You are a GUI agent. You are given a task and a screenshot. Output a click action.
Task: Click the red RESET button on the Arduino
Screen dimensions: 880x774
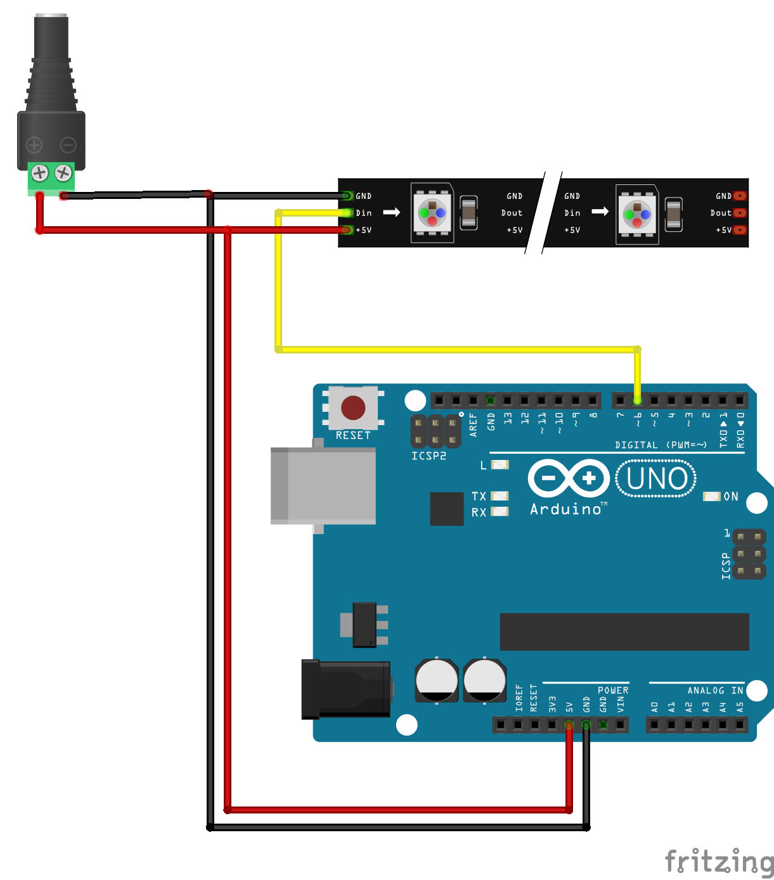(353, 408)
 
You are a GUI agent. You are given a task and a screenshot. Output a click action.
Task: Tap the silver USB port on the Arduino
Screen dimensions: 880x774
(323, 486)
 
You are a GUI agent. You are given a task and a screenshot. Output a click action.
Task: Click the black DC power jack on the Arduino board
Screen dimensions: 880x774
(345, 689)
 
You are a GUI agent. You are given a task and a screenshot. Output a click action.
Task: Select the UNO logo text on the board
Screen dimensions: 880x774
(656, 479)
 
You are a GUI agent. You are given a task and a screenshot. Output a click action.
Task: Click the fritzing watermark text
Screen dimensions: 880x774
(719, 862)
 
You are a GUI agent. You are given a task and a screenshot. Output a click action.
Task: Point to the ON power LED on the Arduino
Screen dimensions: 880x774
(712, 496)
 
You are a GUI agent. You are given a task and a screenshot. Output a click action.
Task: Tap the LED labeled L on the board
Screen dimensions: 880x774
(500, 465)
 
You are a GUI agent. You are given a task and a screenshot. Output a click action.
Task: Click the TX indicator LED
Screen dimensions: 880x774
(500, 496)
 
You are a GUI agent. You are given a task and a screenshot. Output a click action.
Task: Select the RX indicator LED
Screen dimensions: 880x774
(500, 512)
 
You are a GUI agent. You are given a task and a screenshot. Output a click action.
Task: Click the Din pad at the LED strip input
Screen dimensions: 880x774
(346, 213)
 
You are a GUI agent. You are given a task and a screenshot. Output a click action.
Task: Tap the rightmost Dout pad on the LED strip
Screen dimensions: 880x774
(740, 213)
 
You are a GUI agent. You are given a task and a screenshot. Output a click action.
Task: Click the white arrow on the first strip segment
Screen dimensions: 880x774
(392, 212)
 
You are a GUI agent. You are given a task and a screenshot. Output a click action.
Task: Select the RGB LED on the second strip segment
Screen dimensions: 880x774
(637, 215)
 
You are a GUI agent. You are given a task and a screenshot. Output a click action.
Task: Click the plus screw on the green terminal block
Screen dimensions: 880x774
(40, 172)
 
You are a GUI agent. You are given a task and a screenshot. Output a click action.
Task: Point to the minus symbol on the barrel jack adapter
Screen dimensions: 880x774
(68, 145)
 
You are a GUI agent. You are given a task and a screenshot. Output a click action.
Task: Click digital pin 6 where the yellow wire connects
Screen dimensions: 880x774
(637, 400)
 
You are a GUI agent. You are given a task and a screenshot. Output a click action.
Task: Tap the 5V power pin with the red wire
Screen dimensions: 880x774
(569, 724)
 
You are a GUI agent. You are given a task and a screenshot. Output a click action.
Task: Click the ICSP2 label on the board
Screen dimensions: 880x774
(429, 456)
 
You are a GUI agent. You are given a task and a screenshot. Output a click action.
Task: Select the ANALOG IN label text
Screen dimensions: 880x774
(714, 691)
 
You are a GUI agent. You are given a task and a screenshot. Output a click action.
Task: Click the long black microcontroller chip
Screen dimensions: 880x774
(624, 632)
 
